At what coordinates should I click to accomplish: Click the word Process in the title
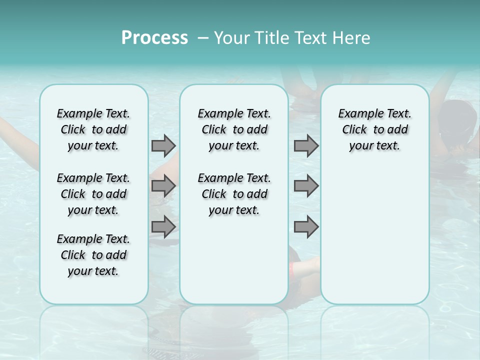tap(154, 37)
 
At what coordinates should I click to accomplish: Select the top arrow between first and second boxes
tap(163, 146)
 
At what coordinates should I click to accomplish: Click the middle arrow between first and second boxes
tap(163, 186)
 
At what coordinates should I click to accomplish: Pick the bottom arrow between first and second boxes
tap(163, 226)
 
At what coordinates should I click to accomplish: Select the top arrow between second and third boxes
tap(306, 146)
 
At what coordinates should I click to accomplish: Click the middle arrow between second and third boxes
tap(306, 186)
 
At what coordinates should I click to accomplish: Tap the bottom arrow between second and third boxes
tap(306, 226)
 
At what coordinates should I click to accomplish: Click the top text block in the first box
tap(93, 129)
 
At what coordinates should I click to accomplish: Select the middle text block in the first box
tap(93, 194)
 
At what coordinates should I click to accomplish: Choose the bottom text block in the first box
tap(93, 255)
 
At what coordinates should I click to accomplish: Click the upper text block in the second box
tap(234, 129)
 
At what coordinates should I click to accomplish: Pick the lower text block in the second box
tap(234, 194)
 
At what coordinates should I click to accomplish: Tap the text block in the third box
tap(374, 129)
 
